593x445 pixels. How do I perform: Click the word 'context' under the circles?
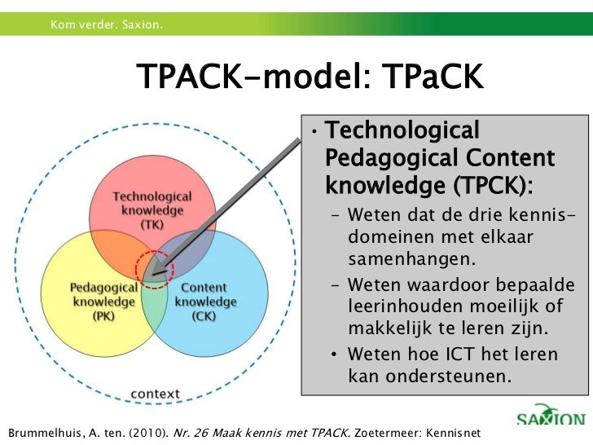(x=156, y=393)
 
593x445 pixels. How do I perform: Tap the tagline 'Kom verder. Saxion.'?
(x=106, y=29)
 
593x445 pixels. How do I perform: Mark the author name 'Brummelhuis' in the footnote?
(x=42, y=430)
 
